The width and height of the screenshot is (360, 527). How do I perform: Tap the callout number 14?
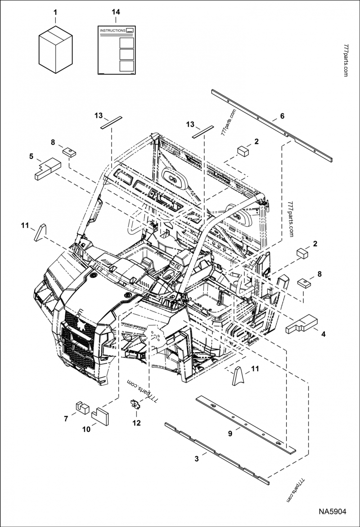pyautogui.click(x=116, y=12)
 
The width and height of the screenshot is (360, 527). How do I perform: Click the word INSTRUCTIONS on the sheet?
pyautogui.click(x=112, y=30)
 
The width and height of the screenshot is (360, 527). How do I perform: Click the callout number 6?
pyautogui.click(x=282, y=116)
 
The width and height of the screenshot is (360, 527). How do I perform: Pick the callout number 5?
pyautogui.click(x=31, y=156)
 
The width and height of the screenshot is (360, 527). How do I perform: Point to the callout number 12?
pyautogui.click(x=136, y=423)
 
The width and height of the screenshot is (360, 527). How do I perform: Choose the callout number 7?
pyautogui.click(x=66, y=419)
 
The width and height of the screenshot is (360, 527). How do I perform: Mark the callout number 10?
pyautogui.click(x=86, y=429)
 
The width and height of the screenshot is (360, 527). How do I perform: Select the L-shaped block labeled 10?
pyautogui.click(x=101, y=415)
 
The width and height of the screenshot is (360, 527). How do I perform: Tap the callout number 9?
pyautogui.click(x=230, y=433)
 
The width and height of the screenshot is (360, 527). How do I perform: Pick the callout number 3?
pyautogui.click(x=196, y=459)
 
